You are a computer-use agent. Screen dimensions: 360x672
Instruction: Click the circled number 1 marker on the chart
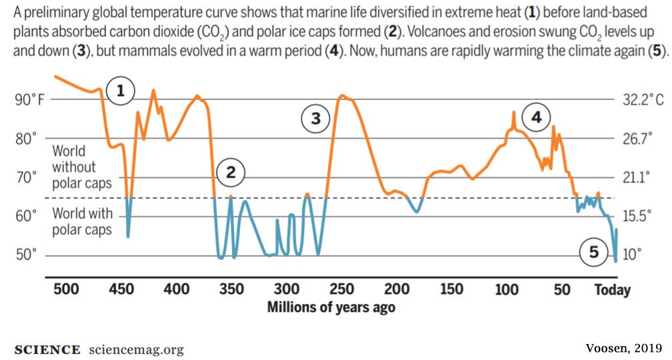120,91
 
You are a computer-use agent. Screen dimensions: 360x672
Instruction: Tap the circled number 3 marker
315,119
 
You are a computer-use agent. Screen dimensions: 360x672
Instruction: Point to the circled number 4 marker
536,119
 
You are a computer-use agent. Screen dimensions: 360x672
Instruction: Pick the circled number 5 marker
594,252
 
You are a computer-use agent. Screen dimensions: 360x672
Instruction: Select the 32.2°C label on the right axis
643,100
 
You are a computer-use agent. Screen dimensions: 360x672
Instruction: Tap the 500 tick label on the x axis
66,289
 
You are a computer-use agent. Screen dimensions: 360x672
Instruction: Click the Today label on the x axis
612,290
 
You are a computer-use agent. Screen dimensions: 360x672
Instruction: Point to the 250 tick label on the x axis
342,289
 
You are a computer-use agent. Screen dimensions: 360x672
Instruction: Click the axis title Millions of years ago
331,307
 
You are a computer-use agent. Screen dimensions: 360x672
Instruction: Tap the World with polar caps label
82,222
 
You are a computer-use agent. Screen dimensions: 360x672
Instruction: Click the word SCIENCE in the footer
46,350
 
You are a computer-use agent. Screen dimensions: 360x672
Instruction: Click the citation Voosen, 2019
624,347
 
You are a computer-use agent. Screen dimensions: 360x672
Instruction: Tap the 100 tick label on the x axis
507,289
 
